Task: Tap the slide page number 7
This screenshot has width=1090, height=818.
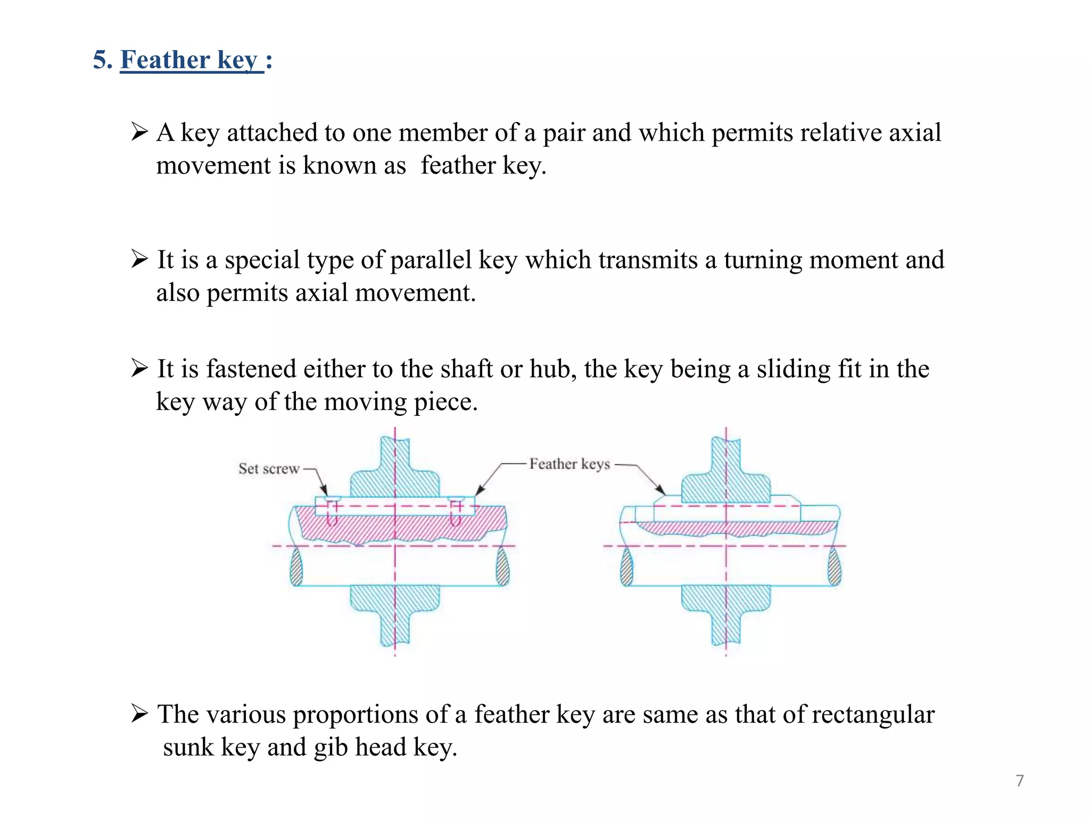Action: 1019,781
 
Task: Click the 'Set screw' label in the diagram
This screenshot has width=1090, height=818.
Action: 269,469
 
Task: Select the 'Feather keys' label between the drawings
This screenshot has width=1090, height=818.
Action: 569,464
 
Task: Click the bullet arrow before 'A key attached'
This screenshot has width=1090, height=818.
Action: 139,131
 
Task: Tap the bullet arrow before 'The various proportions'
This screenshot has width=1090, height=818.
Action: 139,713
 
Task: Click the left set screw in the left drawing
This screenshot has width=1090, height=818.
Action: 332,511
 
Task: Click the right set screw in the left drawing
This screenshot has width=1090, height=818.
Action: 456,511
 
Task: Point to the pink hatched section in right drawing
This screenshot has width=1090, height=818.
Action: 734,528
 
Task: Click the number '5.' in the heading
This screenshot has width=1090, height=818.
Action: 103,60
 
